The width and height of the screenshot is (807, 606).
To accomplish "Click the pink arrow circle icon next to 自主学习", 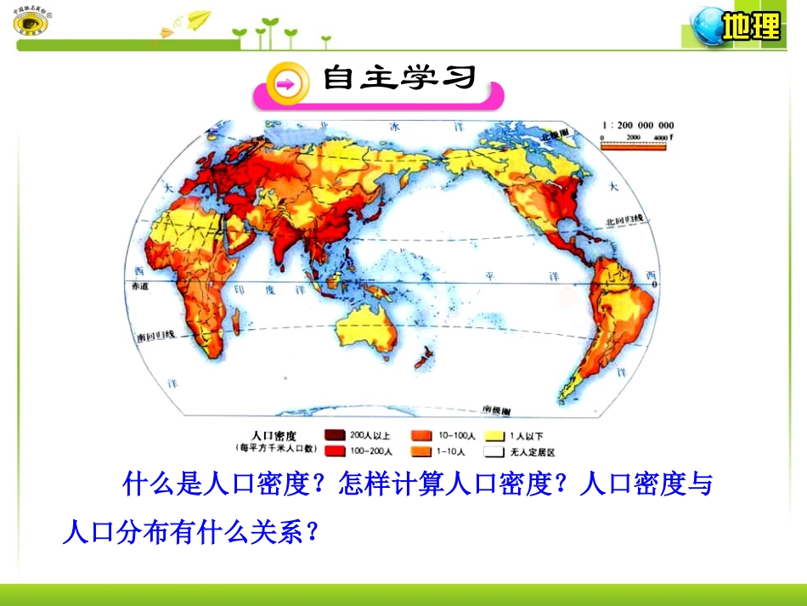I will [285, 83].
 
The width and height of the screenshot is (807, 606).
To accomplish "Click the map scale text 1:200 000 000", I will [637, 126].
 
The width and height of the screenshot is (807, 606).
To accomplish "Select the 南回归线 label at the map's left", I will [155, 335].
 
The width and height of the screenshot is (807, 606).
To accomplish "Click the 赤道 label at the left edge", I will [140, 288].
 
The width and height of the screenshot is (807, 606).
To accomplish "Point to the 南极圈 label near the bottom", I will [495, 409].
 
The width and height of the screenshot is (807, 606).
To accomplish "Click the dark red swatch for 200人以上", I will [335, 433].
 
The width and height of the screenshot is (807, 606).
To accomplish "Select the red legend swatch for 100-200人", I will [335, 451].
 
